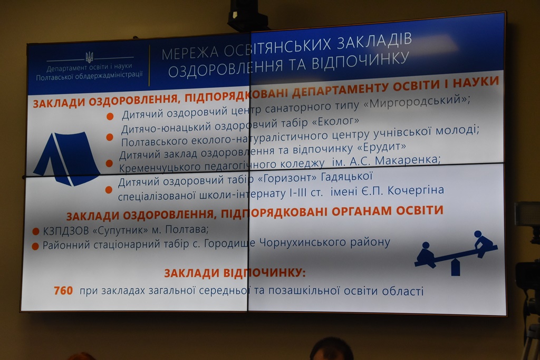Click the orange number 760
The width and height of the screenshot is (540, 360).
coord(63,291)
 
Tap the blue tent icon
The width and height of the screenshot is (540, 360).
coord(66,158)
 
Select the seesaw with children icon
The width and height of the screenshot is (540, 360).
coord(455,253)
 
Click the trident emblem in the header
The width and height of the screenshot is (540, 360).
coord(89,57)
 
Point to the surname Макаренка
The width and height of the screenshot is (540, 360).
coord(408,160)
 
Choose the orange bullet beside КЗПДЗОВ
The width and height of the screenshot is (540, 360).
coord(36,231)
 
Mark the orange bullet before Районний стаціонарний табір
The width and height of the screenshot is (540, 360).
coord(35,247)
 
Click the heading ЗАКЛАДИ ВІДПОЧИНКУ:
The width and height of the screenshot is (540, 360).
coord(235,273)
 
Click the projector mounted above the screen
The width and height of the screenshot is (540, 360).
coord(248,15)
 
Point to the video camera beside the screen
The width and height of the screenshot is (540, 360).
coord(527,275)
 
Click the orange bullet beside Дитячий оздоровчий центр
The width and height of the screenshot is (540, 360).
coord(110,116)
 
